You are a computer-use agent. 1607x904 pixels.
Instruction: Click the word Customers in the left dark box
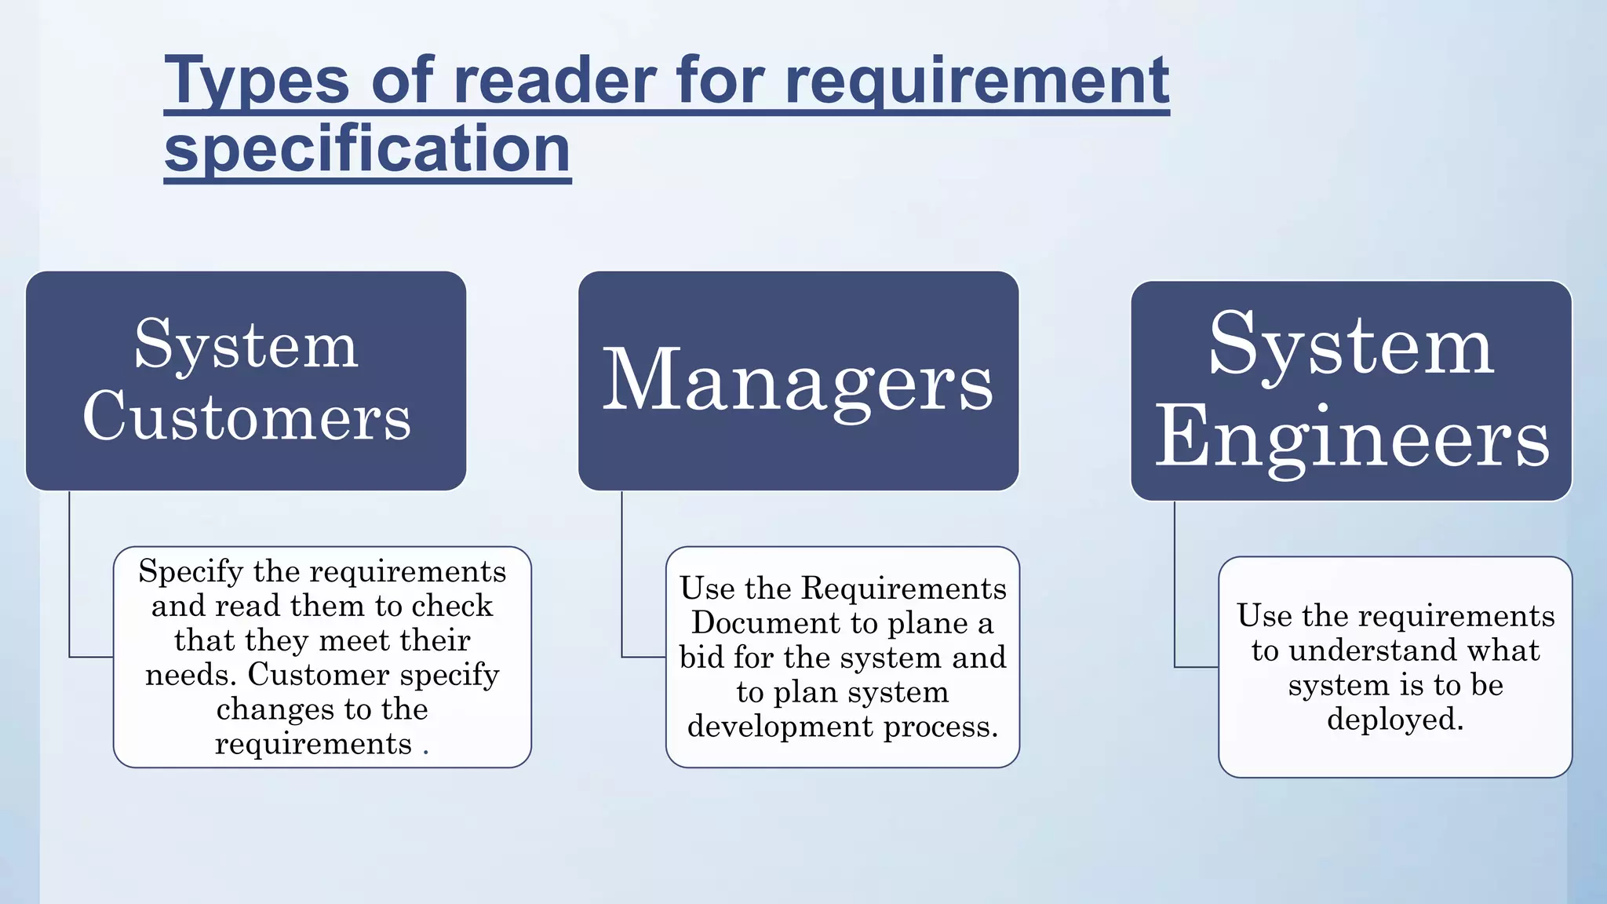tap(246, 416)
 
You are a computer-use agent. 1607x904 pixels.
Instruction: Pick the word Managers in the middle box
tap(798, 382)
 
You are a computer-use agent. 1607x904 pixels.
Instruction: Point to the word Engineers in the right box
tap(1351, 438)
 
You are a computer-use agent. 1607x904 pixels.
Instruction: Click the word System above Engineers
tap(1351, 344)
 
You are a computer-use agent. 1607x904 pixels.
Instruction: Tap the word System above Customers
tap(246, 344)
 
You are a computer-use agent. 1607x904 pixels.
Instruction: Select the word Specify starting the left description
tap(191, 572)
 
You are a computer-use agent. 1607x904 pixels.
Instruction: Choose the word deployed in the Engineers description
tap(1395, 720)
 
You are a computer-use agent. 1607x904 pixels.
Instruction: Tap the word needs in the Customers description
tap(191, 675)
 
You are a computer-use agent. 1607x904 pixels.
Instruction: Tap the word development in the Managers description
tap(781, 727)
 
